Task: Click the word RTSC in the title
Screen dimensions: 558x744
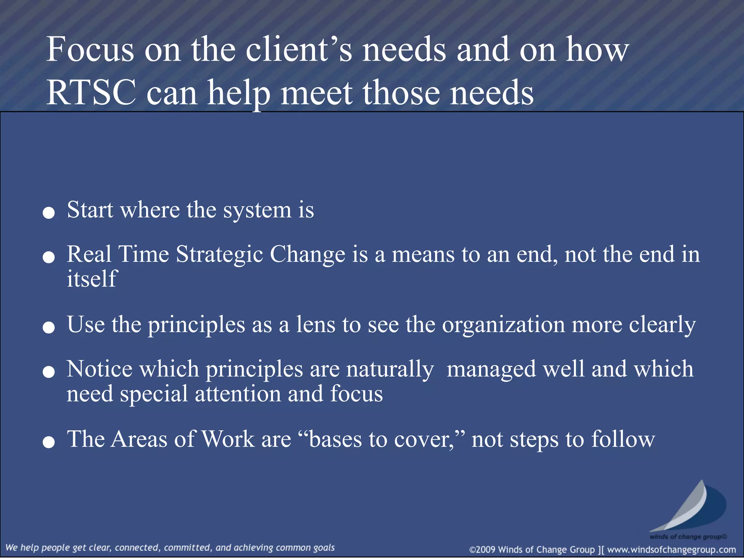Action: (91, 93)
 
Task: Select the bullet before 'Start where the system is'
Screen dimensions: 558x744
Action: (49, 213)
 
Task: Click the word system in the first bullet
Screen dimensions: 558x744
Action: (257, 210)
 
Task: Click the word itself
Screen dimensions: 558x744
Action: (92, 279)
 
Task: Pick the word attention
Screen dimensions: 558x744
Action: (238, 394)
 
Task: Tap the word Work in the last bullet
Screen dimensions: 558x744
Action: (228, 439)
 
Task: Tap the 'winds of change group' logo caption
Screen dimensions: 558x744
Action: (688, 537)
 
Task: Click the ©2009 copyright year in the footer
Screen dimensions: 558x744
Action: (483, 550)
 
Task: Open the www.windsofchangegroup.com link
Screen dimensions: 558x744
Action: (671, 550)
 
